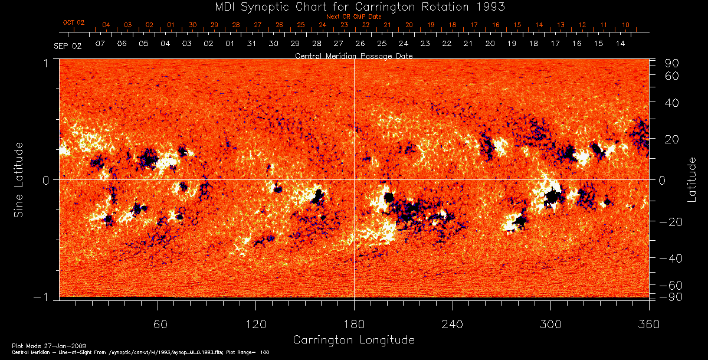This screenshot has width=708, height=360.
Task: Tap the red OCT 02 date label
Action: coord(74,22)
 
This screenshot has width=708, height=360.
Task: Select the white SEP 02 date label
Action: coord(68,45)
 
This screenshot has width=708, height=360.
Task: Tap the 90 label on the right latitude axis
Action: coord(673,63)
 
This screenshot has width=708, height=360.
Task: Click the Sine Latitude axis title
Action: coord(19,179)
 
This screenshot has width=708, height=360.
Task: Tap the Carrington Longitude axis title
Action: coord(353,340)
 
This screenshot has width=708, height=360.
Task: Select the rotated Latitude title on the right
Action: coord(693,179)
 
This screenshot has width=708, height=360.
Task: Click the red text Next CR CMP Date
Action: coord(353,17)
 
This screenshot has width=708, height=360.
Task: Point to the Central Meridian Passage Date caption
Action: coord(353,55)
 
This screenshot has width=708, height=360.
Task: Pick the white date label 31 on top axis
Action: coord(251,44)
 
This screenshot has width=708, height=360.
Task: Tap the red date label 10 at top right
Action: coord(625,25)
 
